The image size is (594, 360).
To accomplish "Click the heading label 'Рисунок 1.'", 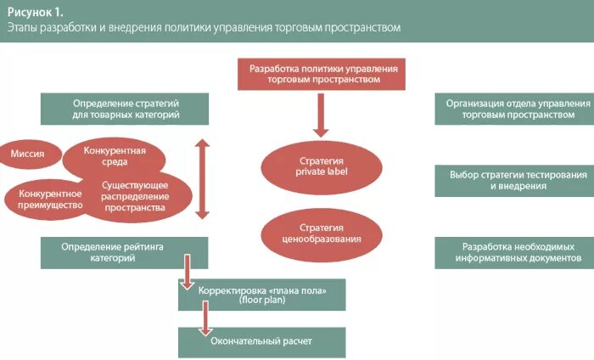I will (36, 11).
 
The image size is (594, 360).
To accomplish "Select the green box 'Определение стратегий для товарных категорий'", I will (126, 108).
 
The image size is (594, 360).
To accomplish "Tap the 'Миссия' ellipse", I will (28, 154).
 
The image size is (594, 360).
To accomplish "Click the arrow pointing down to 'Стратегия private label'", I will (321, 115).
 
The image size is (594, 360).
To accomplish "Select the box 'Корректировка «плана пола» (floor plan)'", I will (261, 294).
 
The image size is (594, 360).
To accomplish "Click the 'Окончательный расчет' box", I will (261, 341).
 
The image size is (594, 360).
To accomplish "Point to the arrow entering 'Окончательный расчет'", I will (205, 321).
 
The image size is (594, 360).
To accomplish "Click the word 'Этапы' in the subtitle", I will (24, 28).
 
